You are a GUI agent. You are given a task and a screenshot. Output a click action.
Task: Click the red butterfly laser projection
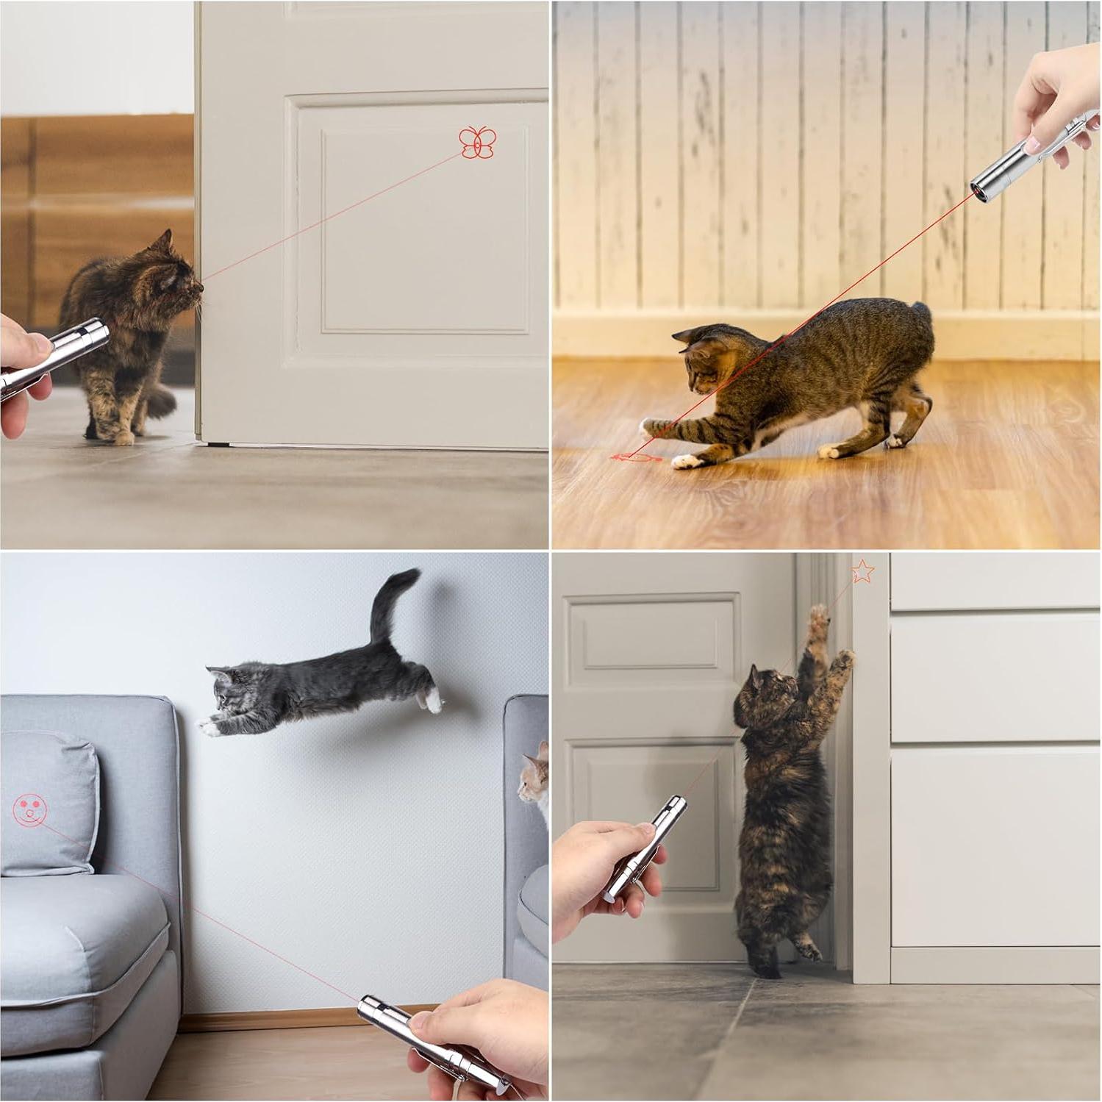[478, 142]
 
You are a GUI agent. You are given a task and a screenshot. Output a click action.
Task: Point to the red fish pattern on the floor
[637, 459]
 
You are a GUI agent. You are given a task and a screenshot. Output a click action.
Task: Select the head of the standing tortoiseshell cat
[765, 693]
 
